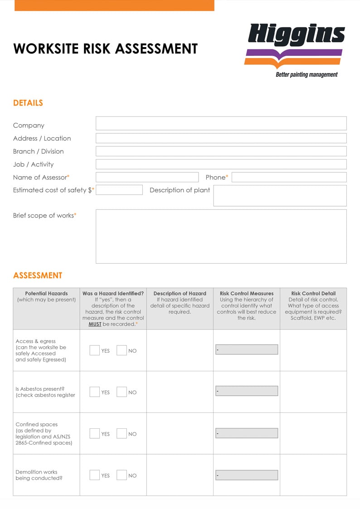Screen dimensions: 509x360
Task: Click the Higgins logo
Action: point(296,50)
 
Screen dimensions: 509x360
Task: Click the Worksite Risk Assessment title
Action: point(106,48)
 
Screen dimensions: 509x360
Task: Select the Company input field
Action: point(221,123)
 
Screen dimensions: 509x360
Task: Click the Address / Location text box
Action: point(221,138)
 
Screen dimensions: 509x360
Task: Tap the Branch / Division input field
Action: point(221,151)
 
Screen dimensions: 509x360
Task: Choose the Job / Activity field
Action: point(221,164)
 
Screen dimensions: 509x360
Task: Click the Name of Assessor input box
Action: point(147,177)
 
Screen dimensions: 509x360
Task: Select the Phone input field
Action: point(289,177)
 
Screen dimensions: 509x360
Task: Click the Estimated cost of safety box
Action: point(119,190)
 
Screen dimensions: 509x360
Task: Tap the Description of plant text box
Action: point(280,195)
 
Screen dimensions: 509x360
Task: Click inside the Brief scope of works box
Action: point(221,236)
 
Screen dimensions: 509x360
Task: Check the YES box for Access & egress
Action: point(94,350)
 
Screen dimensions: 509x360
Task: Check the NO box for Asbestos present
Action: point(122,392)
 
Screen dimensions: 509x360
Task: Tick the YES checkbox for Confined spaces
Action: point(94,434)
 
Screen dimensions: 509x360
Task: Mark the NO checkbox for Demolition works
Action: point(122,475)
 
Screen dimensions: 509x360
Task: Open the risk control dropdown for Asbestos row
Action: point(247,391)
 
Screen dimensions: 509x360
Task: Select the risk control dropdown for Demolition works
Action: point(247,475)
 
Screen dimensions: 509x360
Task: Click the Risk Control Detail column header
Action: point(313,294)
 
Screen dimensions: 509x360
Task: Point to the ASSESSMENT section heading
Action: point(38,276)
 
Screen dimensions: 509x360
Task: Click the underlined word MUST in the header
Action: point(95,324)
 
